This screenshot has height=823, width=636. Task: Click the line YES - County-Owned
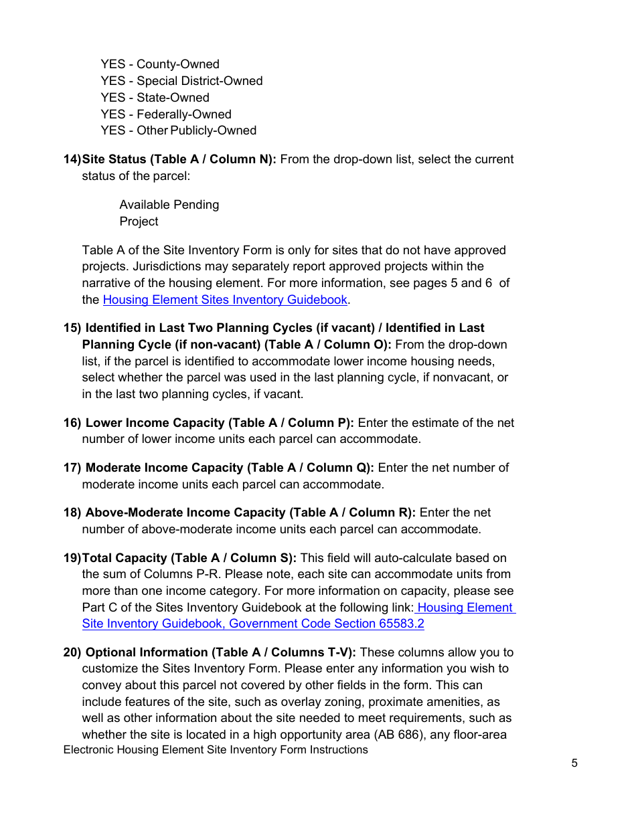(x=160, y=64)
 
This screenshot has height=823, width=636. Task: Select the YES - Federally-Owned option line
(x=166, y=114)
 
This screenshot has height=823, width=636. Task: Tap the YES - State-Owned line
(x=155, y=98)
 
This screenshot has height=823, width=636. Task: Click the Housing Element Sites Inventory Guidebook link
(x=225, y=300)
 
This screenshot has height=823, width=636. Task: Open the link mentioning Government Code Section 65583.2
(x=253, y=624)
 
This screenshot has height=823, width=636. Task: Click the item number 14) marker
(x=72, y=159)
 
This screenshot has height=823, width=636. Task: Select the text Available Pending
(x=169, y=205)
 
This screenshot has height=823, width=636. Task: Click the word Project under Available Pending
(x=139, y=221)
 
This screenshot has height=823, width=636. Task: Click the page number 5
(x=574, y=763)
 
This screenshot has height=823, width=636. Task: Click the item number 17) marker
(x=72, y=468)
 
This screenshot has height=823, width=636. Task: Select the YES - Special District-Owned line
(x=181, y=81)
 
